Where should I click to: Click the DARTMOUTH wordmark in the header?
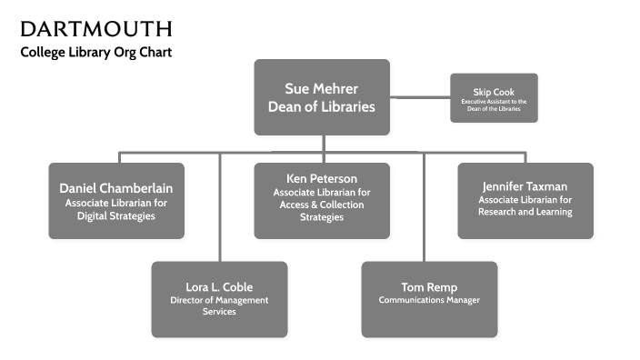point(95,28)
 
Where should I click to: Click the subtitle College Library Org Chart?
point(95,52)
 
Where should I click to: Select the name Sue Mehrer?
point(321,89)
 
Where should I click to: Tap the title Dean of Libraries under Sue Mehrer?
point(321,106)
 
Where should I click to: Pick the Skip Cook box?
point(494,97)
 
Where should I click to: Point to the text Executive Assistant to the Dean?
point(494,105)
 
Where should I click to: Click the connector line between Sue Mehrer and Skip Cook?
point(420,95)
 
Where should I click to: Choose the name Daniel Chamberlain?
point(116,188)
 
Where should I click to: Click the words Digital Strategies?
point(116,216)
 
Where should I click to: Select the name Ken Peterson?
point(321,178)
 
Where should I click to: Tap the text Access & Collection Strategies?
point(321,211)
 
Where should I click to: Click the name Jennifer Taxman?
point(525,186)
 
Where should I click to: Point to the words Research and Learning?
point(525,212)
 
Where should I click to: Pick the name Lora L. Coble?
point(218,287)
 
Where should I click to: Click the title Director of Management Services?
point(218,305)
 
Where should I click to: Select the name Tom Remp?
point(429,287)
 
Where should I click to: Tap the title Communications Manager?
point(429,300)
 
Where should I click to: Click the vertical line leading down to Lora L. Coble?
point(219,209)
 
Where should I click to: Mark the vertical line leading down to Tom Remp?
point(424,209)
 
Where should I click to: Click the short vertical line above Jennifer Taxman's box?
point(525,157)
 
